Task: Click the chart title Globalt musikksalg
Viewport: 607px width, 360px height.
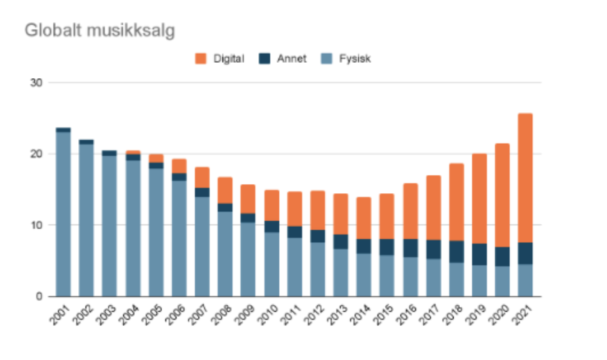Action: [99, 31]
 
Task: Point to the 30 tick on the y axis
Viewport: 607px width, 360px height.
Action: [36, 82]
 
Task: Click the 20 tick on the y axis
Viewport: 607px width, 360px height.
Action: [36, 153]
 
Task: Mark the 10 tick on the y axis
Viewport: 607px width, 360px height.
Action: [36, 225]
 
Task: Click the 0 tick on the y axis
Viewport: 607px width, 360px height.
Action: [39, 296]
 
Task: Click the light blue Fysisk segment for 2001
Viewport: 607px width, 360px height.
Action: [63, 213]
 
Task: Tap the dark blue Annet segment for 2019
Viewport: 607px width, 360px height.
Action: [479, 254]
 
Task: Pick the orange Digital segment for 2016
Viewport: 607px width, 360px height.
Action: [410, 211]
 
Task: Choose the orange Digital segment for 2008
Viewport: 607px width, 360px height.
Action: [225, 190]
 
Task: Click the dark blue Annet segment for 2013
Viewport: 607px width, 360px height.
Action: [340, 241]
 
